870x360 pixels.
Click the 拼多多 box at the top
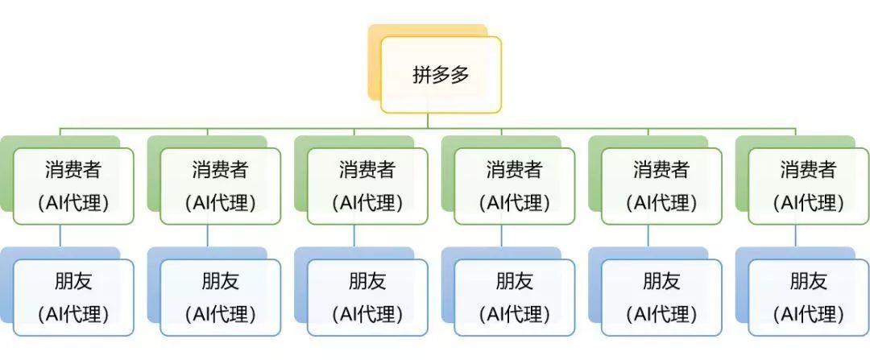(x=441, y=74)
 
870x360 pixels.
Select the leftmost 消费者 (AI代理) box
(x=73, y=186)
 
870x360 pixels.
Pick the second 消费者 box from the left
(x=221, y=186)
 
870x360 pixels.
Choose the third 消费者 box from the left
(x=367, y=186)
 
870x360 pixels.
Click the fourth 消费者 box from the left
(x=515, y=186)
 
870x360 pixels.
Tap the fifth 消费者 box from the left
(x=661, y=186)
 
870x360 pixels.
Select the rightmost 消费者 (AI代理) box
(x=809, y=186)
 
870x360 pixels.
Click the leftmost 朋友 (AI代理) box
(x=73, y=297)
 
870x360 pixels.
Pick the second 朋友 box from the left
(x=221, y=297)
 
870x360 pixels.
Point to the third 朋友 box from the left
(x=367, y=297)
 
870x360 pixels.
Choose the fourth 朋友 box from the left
(x=515, y=297)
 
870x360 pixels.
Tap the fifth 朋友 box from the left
(x=661, y=297)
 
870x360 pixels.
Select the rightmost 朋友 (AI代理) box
(x=809, y=297)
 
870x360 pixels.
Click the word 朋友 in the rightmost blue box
(x=809, y=281)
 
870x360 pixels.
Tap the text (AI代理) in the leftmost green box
(x=73, y=203)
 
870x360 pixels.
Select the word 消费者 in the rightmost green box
(x=809, y=170)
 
